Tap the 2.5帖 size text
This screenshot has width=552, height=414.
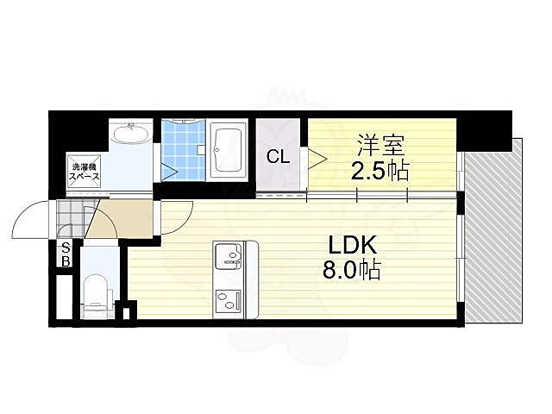click(379, 171)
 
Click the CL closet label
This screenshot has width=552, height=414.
click(277, 157)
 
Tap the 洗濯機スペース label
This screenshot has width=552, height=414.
click(85, 172)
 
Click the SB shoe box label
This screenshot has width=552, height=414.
click(65, 255)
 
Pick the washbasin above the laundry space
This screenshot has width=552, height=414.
click(131, 137)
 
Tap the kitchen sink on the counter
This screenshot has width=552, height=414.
click(229, 255)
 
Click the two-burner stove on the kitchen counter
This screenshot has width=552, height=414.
click(229, 299)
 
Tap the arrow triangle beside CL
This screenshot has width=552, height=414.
click(317, 157)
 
